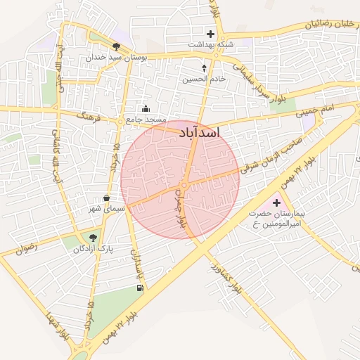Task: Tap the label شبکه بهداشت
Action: [209, 44]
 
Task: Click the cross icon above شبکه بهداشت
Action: [210, 33]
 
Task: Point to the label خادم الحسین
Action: [205, 79]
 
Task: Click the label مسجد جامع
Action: [146, 120]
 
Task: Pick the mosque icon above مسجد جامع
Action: [146, 108]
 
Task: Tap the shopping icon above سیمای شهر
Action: [106, 198]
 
